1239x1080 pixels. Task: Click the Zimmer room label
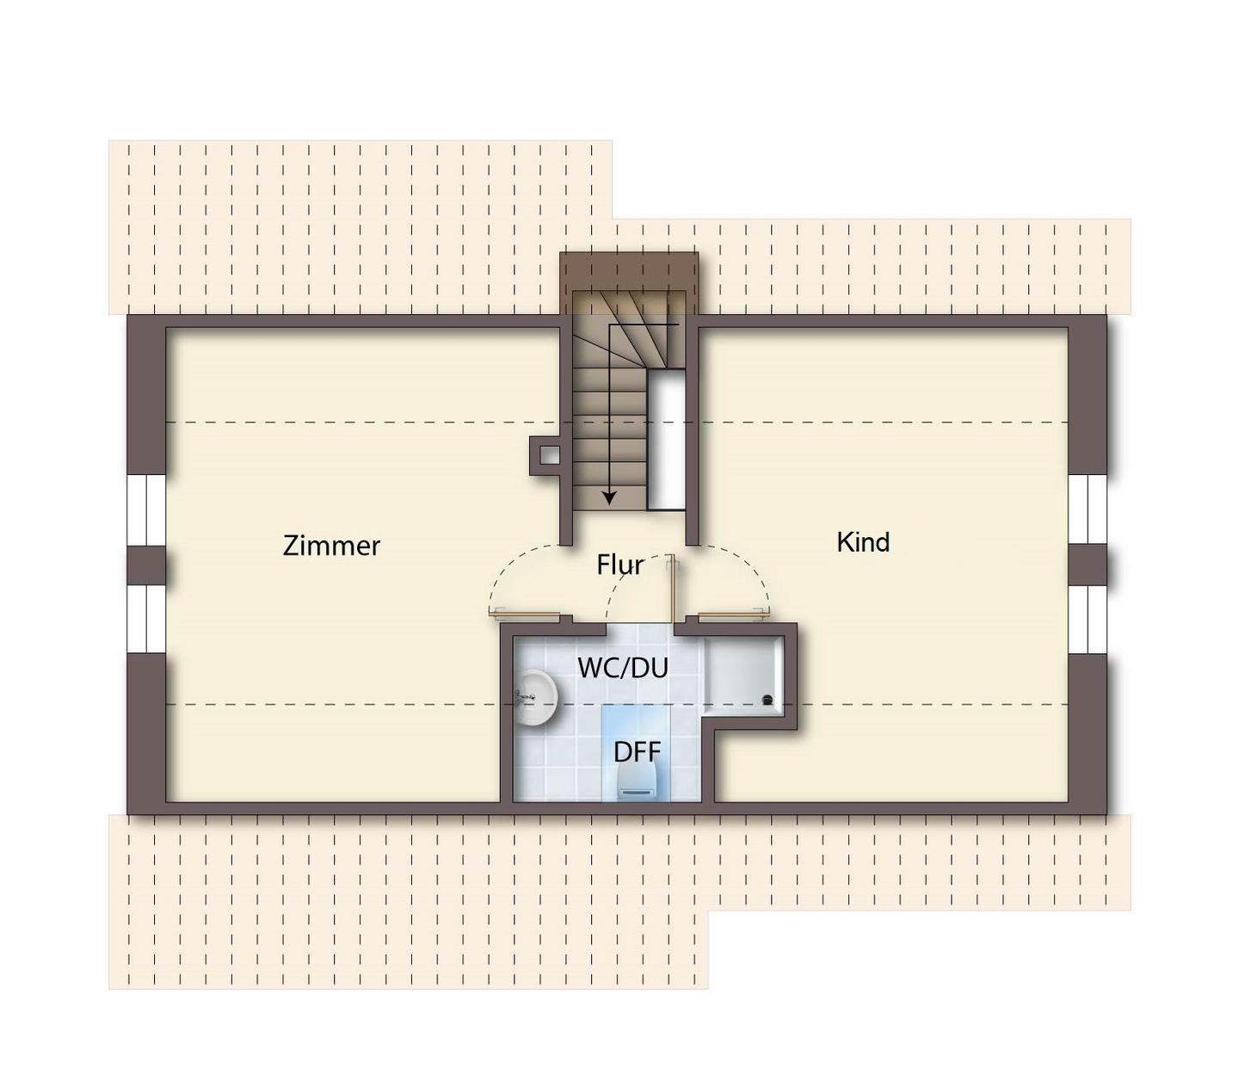(331, 546)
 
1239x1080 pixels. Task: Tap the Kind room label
(863, 542)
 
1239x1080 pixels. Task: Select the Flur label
(619, 565)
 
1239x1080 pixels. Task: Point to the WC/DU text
(623, 668)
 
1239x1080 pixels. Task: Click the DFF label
(637, 752)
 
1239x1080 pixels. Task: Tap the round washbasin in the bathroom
(536, 698)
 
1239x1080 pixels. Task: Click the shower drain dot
(768, 700)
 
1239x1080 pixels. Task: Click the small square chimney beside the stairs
(545, 455)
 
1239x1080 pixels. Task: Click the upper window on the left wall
(146, 510)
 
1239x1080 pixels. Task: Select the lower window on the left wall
(146, 619)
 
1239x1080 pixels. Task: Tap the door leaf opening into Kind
(733, 614)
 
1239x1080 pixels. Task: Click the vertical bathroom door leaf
(671, 588)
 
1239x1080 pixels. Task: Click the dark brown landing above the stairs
(629, 271)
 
